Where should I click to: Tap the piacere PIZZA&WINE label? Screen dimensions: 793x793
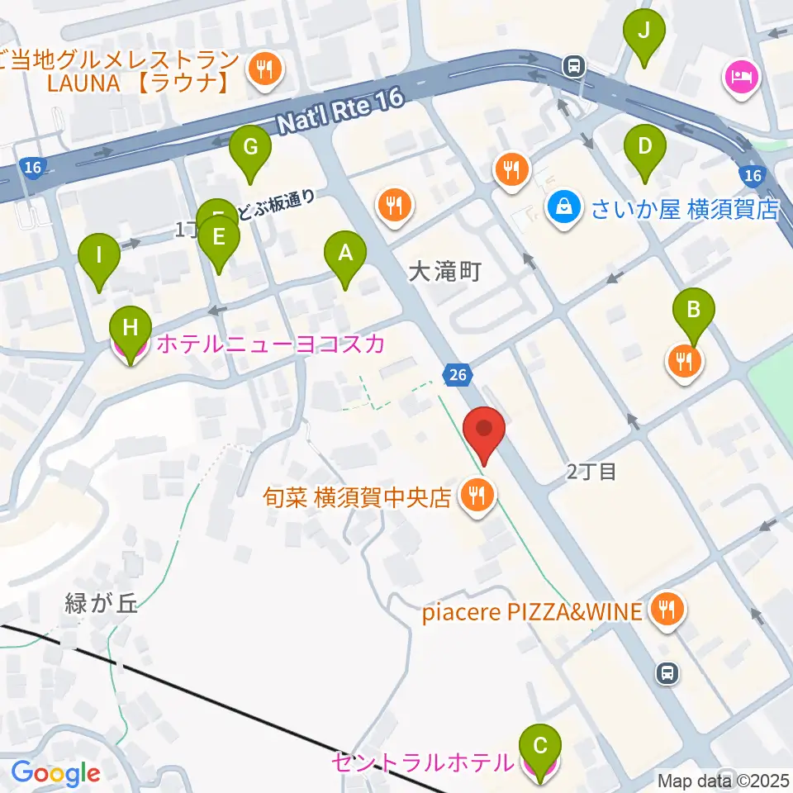pyautogui.click(x=531, y=612)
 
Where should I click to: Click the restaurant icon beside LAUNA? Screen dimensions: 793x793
pyautogui.click(x=264, y=69)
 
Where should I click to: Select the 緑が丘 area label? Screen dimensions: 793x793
pyautogui.click(x=102, y=603)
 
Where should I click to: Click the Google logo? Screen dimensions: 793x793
pyautogui.click(x=56, y=773)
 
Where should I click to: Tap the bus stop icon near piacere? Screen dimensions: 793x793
pyautogui.click(x=667, y=673)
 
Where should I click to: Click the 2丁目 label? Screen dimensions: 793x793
pyautogui.click(x=591, y=472)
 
